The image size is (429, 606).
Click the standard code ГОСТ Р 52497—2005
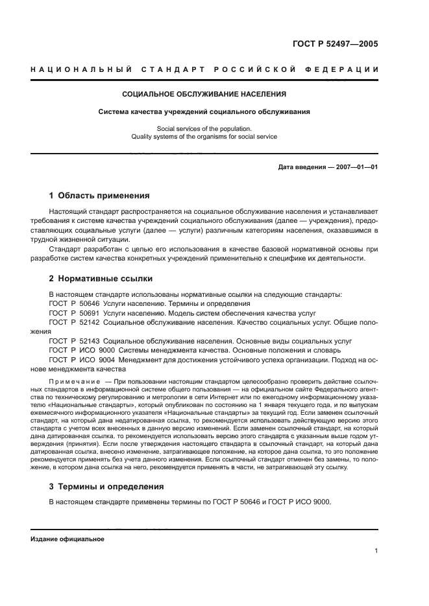point(337,44)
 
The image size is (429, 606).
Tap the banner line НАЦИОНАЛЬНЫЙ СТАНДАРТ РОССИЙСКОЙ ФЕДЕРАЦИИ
point(205,69)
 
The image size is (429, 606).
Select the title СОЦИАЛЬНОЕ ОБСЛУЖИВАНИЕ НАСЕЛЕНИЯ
point(204,94)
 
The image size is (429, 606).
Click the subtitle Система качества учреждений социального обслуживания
point(204,111)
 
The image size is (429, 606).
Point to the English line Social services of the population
point(204,128)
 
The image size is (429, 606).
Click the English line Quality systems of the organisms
point(204,137)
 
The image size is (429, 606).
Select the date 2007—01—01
point(355,167)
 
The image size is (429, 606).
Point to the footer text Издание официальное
point(67,539)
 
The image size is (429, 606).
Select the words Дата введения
point(302,167)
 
